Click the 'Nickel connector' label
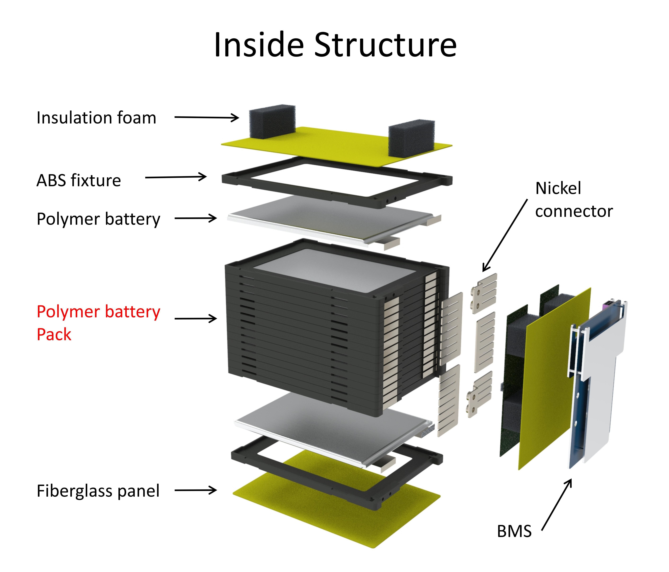[x=573, y=200]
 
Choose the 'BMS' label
[x=514, y=531]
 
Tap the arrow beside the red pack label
[x=195, y=319]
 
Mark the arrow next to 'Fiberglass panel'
[x=195, y=490]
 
